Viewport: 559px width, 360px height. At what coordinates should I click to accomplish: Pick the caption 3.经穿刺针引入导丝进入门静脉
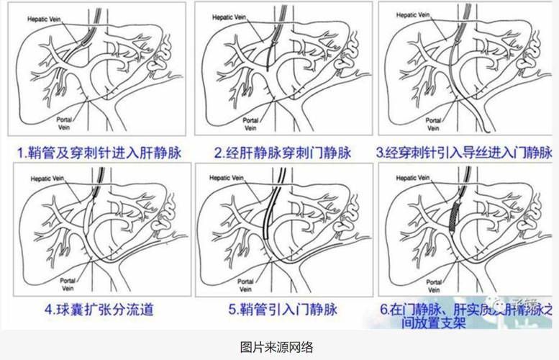[x=465, y=153]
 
